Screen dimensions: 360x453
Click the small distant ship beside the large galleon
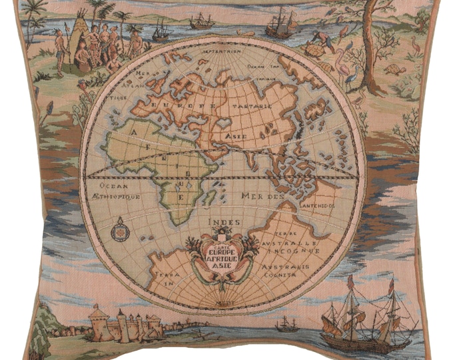286,325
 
